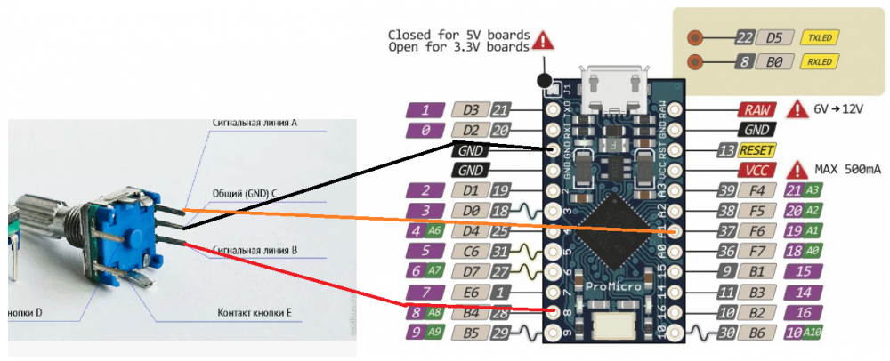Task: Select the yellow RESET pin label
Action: [x=757, y=149]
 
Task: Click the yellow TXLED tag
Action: [x=819, y=38]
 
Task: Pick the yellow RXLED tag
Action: [x=819, y=62]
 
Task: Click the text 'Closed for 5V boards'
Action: [x=457, y=36]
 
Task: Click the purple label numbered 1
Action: [x=425, y=110]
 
